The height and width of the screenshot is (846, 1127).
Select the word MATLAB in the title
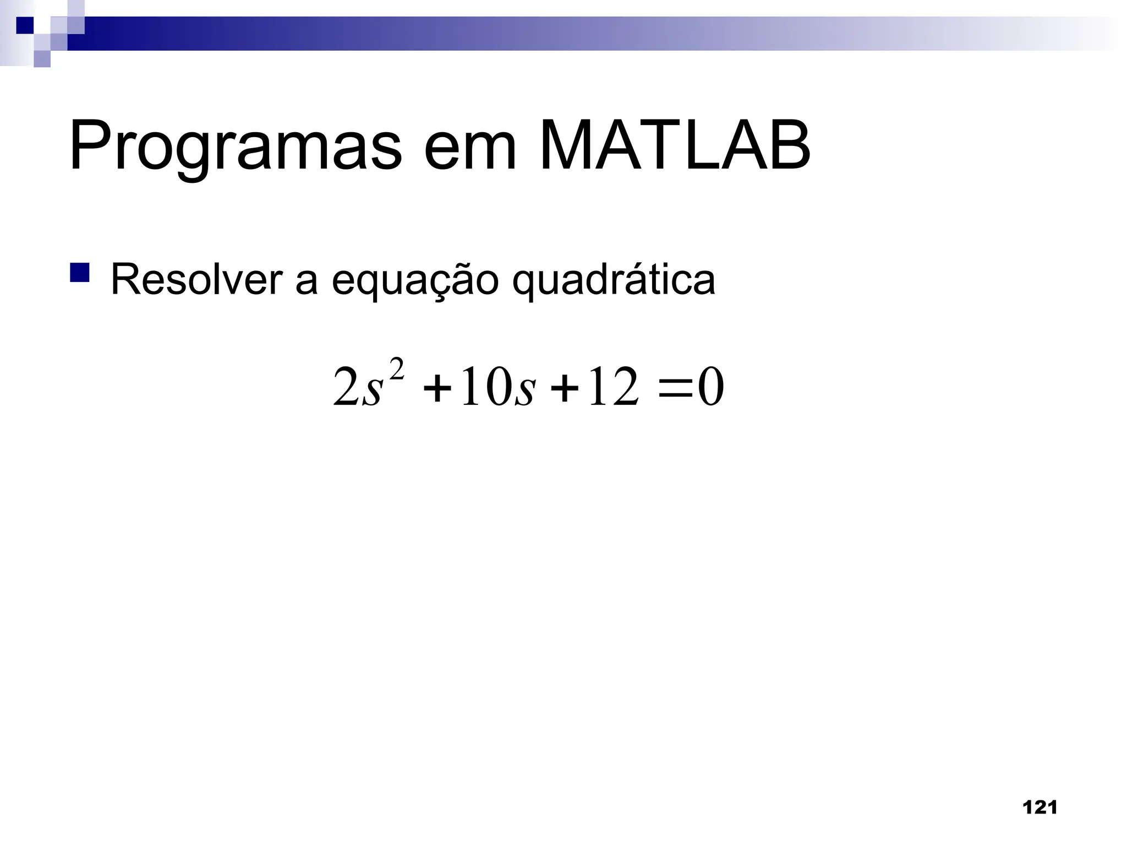(x=675, y=146)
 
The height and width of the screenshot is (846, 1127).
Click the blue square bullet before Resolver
(x=80, y=273)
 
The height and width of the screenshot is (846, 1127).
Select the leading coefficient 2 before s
(x=346, y=388)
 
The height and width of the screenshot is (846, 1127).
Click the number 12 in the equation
(x=614, y=388)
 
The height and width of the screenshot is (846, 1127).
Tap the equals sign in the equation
(x=675, y=389)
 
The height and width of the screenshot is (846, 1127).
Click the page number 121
(x=1040, y=808)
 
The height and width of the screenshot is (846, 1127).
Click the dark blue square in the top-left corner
(x=25, y=25)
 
